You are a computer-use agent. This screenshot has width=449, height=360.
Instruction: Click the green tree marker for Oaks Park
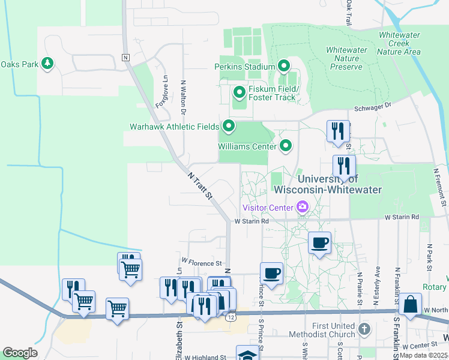click(47, 64)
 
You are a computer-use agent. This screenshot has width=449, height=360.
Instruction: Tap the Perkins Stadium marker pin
click(283, 66)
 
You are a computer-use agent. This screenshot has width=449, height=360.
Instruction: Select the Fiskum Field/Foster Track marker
click(239, 92)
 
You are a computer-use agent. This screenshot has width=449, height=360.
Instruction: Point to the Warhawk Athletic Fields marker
click(229, 127)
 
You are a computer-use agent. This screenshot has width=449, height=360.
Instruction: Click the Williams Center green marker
click(286, 145)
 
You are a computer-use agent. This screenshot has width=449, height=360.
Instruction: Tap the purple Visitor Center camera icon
click(302, 208)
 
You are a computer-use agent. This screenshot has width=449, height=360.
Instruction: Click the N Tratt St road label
click(200, 185)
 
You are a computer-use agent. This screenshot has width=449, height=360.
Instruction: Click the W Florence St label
click(202, 263)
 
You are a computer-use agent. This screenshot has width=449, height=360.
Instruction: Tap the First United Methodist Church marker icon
click(364, 329)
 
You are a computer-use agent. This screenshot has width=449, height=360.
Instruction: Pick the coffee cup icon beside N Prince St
click(271, 273)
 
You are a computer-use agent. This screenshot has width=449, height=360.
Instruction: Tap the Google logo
click(20, 353)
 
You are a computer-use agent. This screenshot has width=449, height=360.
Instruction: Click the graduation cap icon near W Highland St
click(247, 354)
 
